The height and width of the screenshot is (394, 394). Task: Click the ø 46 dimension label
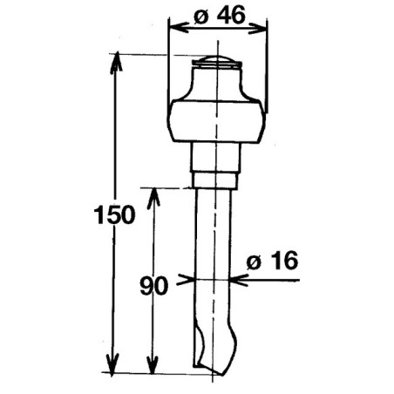[x=220, y=16]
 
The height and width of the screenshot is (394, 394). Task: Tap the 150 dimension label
[x=115, y=214]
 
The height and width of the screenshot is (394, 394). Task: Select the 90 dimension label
[x=153, y=286]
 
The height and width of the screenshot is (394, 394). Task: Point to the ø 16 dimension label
[x=272, y=260]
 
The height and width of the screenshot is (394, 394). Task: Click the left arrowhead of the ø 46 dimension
[x=179, y=28]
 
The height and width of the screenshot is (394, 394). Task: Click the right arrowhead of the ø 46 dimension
[x=257, y=29]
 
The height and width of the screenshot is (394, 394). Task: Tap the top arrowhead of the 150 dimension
[x=117, y=62]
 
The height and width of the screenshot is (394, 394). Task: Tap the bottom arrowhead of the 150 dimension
[x=112, y=364]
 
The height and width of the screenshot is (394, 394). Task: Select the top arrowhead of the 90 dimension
[x=153, y=199]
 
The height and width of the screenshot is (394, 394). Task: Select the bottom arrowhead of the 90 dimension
[x=153, y=364]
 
